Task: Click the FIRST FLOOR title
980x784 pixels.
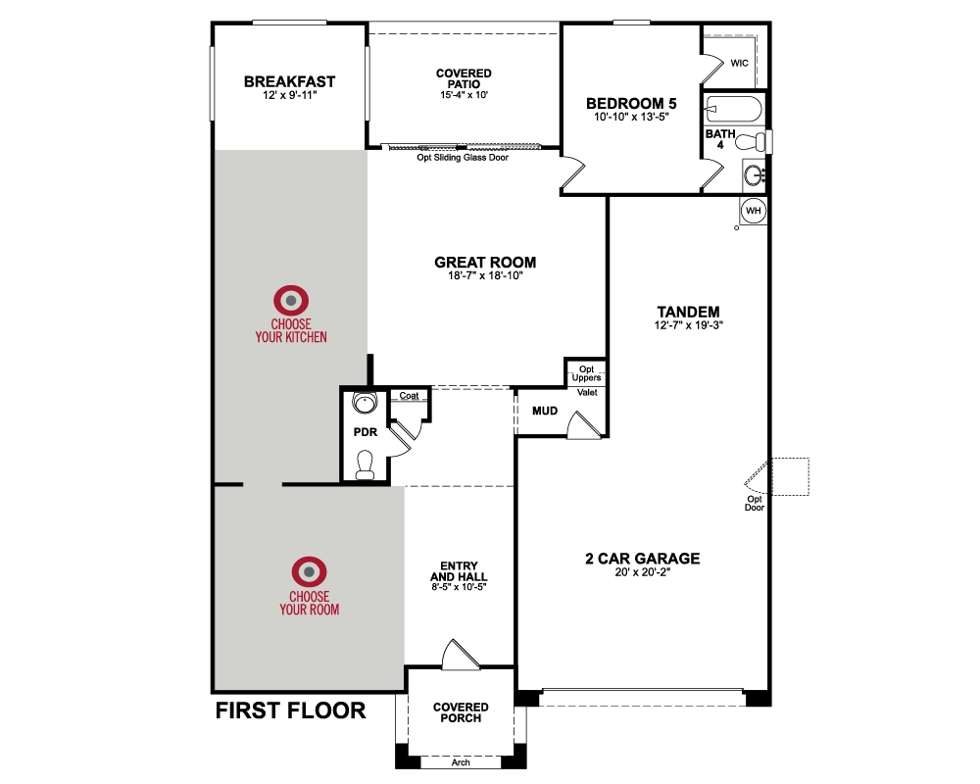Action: click(x=290, y=710)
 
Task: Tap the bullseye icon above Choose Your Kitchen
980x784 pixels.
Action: click(x=291, y=299)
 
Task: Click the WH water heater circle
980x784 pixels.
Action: click(x=754, y=211)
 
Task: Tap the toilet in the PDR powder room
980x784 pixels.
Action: click(x=365, y=463)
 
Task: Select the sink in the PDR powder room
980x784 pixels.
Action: click(x=365, y=402)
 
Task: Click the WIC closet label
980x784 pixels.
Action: click(x=740, y=63)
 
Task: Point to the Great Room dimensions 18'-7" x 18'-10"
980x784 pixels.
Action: click(x=485, y=276)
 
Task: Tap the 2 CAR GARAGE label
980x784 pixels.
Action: click(x=643, y=559)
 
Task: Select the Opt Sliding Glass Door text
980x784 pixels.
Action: click(x=463, y=157)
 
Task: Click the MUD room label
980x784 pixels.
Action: click(x=545, y=411)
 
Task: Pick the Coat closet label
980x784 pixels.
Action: click(x=409, y=396)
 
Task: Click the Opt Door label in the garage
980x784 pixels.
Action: click(x=754, y=503)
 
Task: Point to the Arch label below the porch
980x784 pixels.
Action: click(x=461, y=761)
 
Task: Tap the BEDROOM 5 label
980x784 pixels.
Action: click(x=631, y=103)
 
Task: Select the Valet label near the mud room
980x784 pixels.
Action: click(x=587, y=392)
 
